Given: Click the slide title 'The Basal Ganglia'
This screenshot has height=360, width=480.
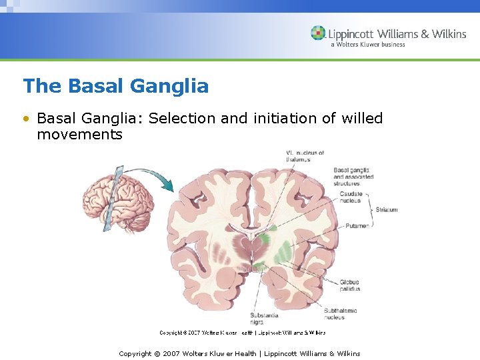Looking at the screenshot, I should pyautogui.click(x=115, y=86).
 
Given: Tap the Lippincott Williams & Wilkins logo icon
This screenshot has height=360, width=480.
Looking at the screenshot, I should pyautogui.click(x=319, y=33).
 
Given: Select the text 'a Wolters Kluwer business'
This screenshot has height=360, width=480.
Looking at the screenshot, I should pyautogui.click(x=367, y=45).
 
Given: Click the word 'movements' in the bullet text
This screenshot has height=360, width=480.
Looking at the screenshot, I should pyautogui.click(x=79, y=134).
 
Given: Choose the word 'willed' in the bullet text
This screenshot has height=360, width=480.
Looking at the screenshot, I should pyautogui.click(x=362, y=119).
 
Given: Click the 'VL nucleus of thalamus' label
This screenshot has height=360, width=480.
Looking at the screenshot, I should pyautogui.click(x=305, y=156).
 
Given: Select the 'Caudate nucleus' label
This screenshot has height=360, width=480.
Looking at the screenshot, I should pyautogui.click(x=351, y=197).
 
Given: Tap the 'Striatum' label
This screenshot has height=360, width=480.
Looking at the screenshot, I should pyautogui.click(x=387, y=209).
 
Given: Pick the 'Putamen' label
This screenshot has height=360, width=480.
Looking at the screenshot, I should pyautogui.click(x=357, y=226).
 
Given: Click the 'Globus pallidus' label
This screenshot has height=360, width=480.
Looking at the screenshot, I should pyautogui.click(x=349, y=285).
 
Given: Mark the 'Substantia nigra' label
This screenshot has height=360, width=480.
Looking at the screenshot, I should pyautogui.click(x=264, y=318).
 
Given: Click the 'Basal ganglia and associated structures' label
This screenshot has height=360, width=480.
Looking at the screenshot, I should pyautogui.click(x=353, y=177).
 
